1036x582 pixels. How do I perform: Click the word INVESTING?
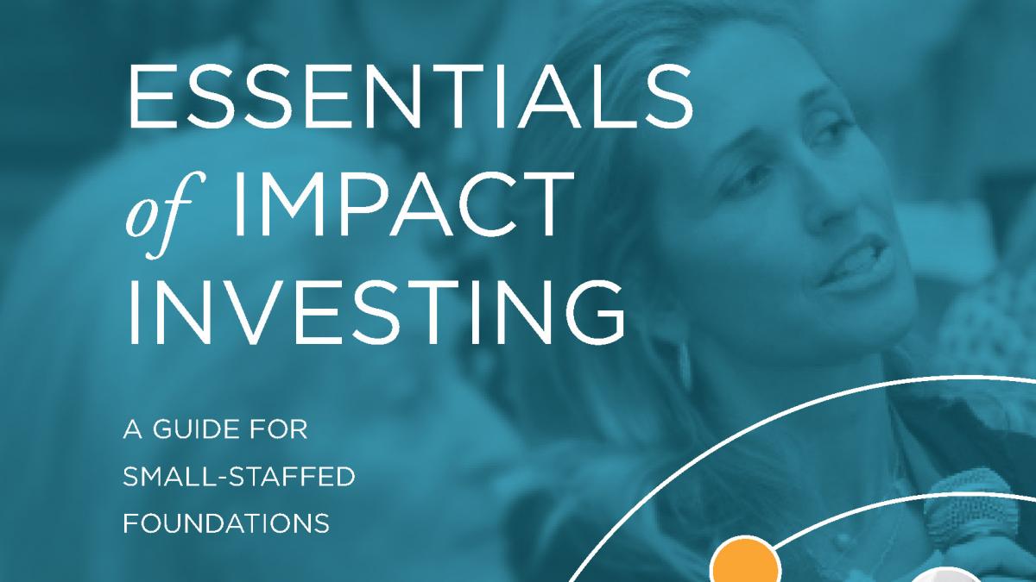pos(376,311)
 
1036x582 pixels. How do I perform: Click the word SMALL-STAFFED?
pos(238,477)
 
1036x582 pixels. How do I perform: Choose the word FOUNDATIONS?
pos(226,523)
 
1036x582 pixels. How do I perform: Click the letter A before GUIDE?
pos(132,429)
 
